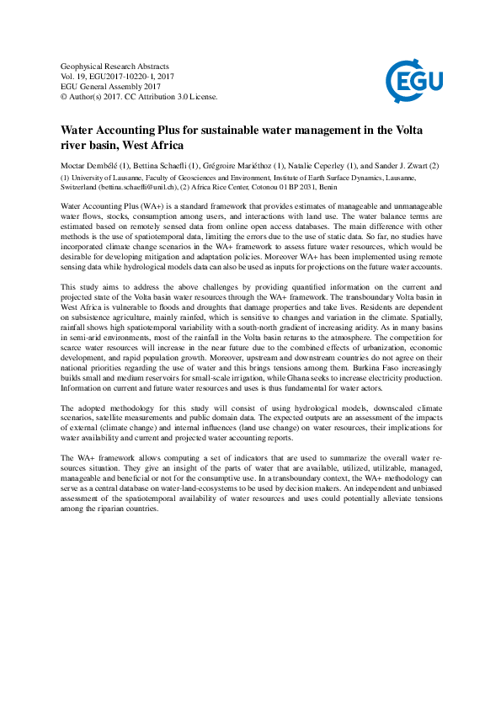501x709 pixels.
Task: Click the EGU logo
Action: pyautogui.click(x=409, y=81)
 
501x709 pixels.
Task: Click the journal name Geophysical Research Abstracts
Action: pyautogui.click(x=115, y=66)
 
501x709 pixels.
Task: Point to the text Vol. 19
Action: pyautogui.click(x=73, y=76)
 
